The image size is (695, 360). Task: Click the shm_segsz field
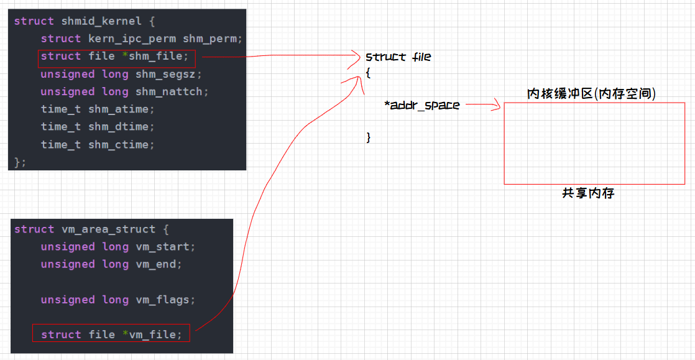click(168, 74)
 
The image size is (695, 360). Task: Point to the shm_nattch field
click(172, 91)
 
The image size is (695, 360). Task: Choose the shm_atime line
click(97, 109)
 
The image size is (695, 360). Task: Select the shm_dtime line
click(97, 127)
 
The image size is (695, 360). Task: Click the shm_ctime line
click(97, 144)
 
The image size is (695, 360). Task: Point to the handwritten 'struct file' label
click(398, 57)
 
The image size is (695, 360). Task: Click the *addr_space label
click(422, 105)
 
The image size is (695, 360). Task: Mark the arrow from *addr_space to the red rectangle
click(483, 106)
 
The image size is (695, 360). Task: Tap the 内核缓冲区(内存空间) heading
click(591, 94)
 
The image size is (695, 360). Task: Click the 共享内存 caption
click(588, 193)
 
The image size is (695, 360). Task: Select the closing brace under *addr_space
click(369, 137)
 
